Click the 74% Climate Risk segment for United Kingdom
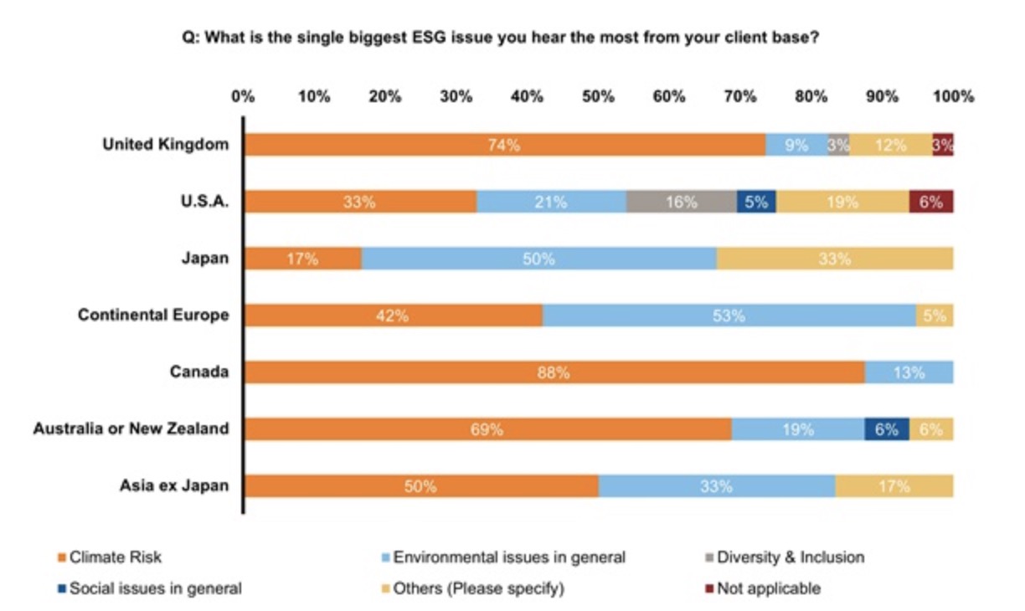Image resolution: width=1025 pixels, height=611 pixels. pos(504,145)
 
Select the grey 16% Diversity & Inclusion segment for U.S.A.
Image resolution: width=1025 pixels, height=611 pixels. pos(681,202)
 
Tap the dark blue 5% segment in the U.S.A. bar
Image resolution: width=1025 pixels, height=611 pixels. pos(756,202)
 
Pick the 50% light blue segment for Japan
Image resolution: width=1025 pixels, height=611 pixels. pos(538,259)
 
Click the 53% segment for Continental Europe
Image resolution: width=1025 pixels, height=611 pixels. pos(729,316)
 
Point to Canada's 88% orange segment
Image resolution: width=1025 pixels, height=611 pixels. pos(554,372)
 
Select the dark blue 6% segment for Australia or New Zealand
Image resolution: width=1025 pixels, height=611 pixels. pos(887,429)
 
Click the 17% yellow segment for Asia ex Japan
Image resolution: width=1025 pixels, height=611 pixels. pos(894,486)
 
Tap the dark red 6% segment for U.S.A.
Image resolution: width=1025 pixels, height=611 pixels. pos(931,202)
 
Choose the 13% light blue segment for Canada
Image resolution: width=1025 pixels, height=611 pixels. pos(909,372)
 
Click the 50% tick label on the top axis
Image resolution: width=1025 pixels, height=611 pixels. pos(598,96)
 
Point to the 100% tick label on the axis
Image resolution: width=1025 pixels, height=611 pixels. pos(953,96)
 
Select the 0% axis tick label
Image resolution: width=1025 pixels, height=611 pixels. pos(243,96)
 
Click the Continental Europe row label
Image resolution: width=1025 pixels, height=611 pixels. pos(153,316)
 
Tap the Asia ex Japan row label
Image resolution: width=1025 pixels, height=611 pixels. pos(174,485)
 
